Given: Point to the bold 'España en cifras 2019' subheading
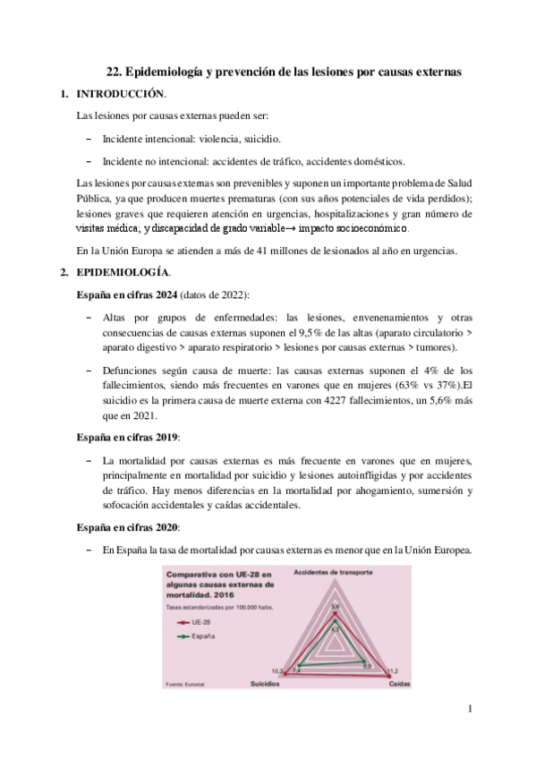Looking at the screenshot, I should click(127, 436).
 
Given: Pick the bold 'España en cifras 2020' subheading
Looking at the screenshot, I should click(127, 525).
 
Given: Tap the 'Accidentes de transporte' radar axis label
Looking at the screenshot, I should click(335, 570).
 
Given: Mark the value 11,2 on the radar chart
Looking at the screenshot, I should click(392, 669).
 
